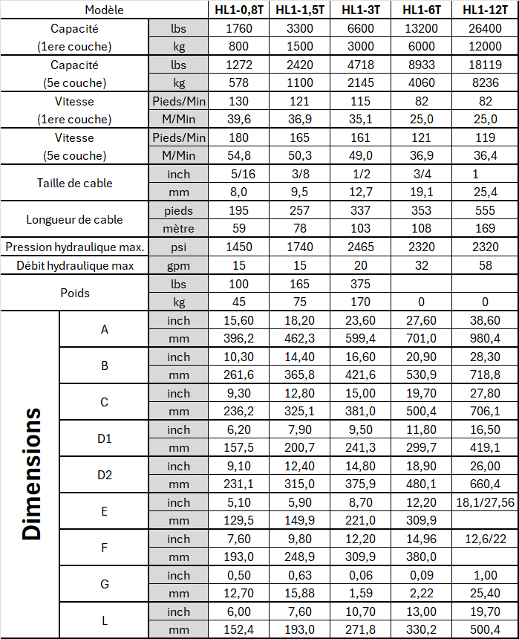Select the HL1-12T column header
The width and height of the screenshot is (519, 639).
[487, 10]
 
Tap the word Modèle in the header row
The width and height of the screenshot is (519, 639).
[104, 10]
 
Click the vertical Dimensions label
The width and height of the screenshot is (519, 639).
[30, 473]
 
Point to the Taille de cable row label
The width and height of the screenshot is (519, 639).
[74, 183]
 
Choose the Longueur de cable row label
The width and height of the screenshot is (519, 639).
[74, 219]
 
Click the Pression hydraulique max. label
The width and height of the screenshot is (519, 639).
[74, 247]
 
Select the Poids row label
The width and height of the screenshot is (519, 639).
[74, 292]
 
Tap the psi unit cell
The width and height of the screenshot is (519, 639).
[178, 247]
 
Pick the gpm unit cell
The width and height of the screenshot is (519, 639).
[178, 265]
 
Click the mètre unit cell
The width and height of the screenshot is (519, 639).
[178, 229]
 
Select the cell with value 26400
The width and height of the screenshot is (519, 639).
[487, 28]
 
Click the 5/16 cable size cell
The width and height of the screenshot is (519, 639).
[238, 174]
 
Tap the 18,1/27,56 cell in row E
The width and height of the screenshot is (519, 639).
[487, 502]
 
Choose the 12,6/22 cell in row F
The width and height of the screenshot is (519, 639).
[487, 539]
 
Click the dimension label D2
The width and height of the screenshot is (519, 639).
[104, 475]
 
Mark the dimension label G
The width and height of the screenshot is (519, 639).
[104, 584]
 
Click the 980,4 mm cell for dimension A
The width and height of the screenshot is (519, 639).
[487, 338]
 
